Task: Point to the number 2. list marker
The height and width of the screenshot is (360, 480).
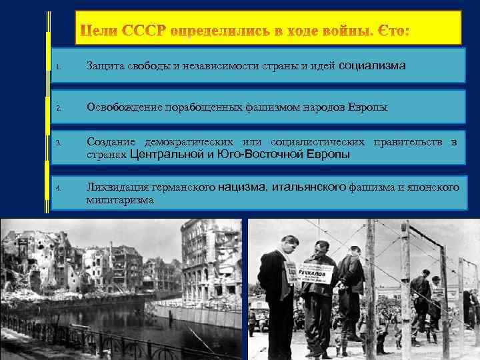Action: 59,107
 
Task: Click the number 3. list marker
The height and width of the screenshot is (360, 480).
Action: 59,143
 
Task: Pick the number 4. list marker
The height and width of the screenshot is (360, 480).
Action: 59,189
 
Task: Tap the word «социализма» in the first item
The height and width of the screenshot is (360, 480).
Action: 373,65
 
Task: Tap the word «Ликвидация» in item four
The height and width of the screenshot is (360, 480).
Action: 117,187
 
